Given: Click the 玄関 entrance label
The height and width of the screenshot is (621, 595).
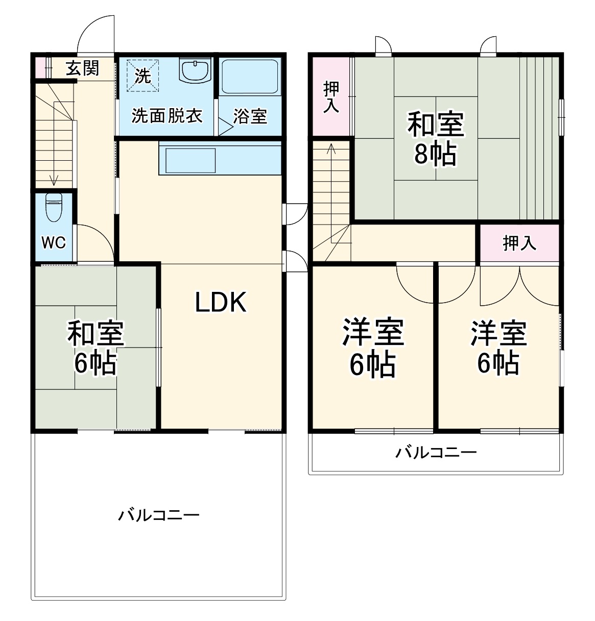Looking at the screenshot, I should pyautogui.click(x=82, y=68).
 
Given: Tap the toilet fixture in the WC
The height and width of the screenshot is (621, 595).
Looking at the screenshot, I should pyautogui.click(x=53, y=206).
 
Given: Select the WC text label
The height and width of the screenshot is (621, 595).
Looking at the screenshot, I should pyautogui.click(x=54, y=242).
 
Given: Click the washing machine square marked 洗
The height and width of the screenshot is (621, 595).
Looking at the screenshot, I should pyautogui.click(x=143, y=76).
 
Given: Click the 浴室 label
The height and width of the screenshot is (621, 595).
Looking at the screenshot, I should pyautogui.click(x=250, y=116).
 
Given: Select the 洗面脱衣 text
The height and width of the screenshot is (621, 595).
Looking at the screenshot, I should pyautogui.click(x=166, y=116).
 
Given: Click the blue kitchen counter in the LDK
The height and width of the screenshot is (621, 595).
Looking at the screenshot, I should pyautogui.click(x=220, y=159).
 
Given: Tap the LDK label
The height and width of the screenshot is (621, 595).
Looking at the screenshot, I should pyautogui.click(x=221, y=302).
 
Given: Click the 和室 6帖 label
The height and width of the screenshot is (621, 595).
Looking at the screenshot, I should pyautogui.click(x=96, y=348).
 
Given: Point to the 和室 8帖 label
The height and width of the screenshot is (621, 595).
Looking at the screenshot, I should pyautogui.click(x=435, y=139).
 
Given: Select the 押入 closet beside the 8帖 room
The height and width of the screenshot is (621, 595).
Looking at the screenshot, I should pyautogui.click(x=331, y=97).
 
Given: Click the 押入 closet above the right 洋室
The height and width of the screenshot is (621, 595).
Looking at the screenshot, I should pyautogui.click(x=519, y=243).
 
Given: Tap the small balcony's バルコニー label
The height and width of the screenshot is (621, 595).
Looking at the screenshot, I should pyautogui.click(x=436, y=453).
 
